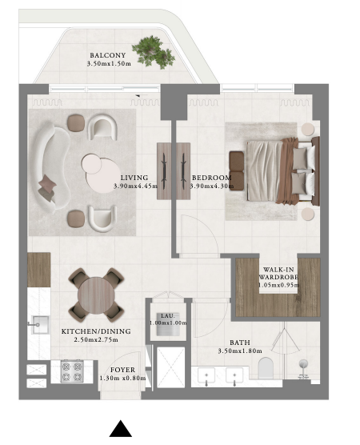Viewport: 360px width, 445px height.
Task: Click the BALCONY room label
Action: pos(107,55)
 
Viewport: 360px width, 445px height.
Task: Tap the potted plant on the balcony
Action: pos(153,52)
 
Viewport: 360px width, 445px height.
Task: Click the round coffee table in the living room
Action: pos(102,173)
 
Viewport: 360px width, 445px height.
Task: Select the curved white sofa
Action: pos(51,168)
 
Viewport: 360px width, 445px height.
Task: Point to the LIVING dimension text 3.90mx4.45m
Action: pos(135,186)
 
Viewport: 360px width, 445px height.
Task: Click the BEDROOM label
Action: pos(212,178)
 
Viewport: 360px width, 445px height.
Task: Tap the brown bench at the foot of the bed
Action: pos(237,170)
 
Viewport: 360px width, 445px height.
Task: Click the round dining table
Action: pos(96,295)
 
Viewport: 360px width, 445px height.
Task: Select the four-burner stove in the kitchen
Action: pos(72,371)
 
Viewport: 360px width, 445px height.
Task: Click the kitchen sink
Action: pos(40,325)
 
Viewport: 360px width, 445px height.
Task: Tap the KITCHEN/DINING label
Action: pos(96,331)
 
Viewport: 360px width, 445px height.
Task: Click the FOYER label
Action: pos(122,370)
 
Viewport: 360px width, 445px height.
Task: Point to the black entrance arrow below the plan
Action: pos(121,428)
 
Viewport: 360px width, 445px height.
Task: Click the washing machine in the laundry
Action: pos(168,324)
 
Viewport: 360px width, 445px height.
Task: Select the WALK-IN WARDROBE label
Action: pos(278,273)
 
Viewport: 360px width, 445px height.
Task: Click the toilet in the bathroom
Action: pos(266,368)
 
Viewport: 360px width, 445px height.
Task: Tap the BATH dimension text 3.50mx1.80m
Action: pos(240,351)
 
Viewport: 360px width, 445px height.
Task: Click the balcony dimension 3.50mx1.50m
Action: pos(109,63)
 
